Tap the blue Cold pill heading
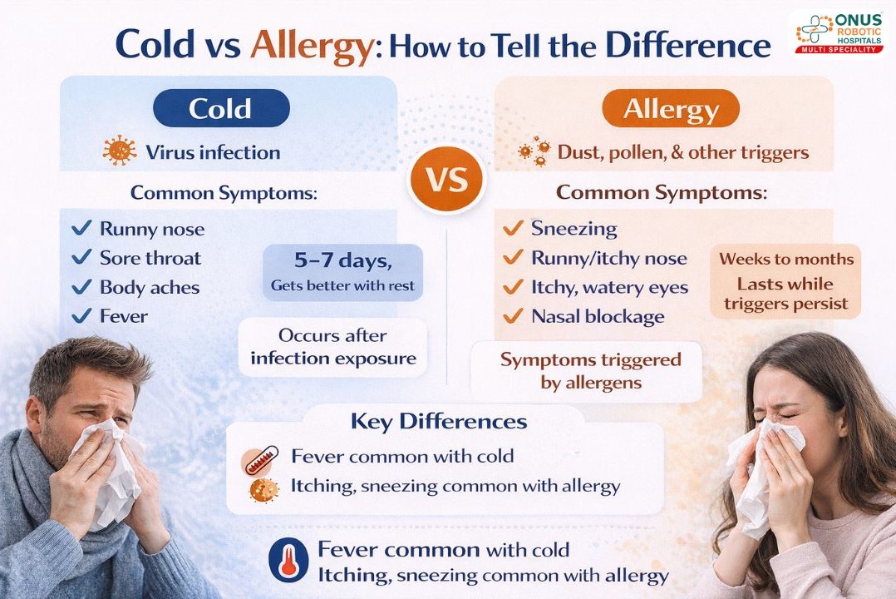(x=220, y=108)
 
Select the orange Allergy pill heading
(x=671, y=108)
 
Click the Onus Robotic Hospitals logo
(x=838, y=32)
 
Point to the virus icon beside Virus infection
(x=120, y=152)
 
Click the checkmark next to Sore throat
(x=81, y=258)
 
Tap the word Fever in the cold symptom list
(x=124, y=316)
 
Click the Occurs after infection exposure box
(x=332, y=347)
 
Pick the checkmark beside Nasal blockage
(x=513, y=316)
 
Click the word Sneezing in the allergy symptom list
(x=574, y=229)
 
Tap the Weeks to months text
(x=786, y=259)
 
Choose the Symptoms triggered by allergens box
(x=590, y=371)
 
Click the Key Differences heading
(x=439, y=421)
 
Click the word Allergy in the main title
(x=311, y=45)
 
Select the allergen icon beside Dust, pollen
(x=534, y=152)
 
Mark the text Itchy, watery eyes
(x=610, y=287)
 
